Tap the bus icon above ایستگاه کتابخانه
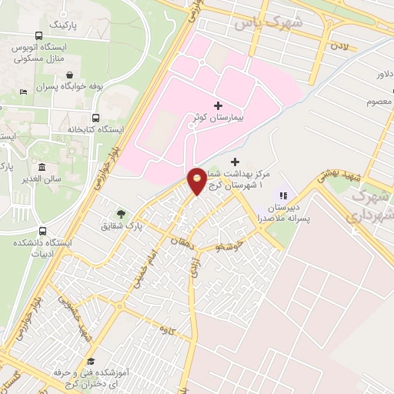pyautogui.click(x=95, y=118)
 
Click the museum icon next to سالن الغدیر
pyautogui.click(x=42, y=168)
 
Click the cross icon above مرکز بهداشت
pyautogui.click(x=235, y=162)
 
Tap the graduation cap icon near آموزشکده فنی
pyautogui.click(x=91, y=361)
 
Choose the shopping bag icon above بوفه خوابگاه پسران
pyautogui.click(x=71, y=75)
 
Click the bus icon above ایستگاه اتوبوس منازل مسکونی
pyautogui.click(x=39, y=35)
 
